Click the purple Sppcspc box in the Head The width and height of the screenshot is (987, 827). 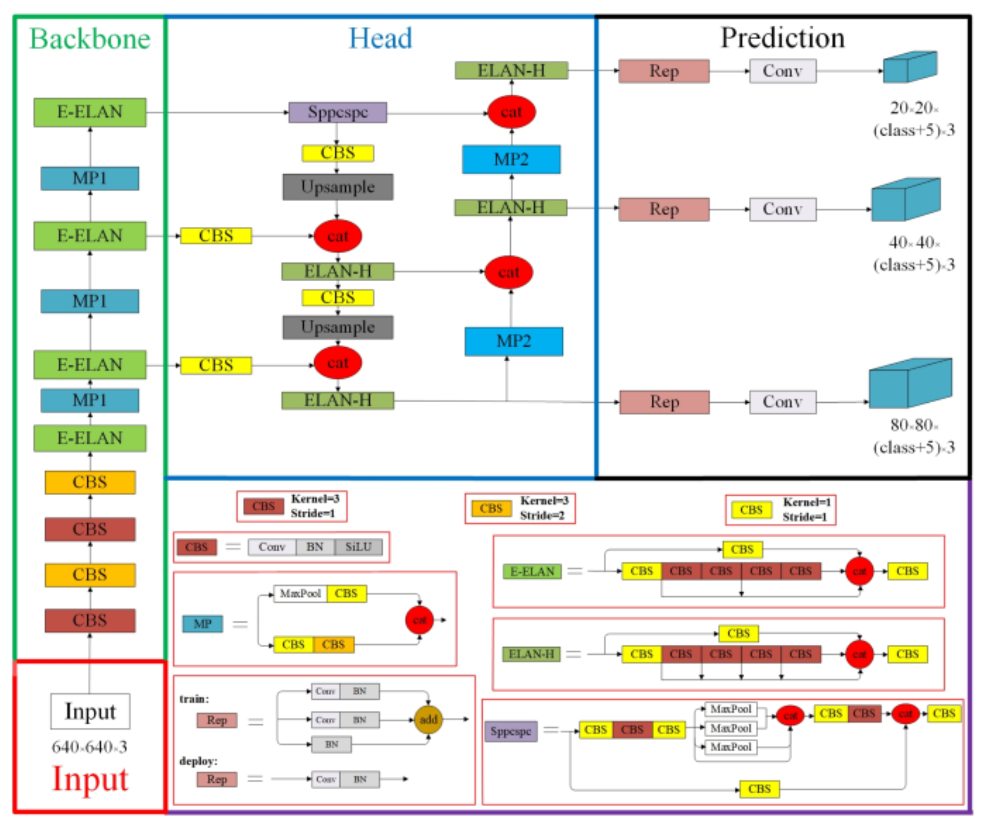337,112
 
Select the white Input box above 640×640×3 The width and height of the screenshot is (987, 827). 90,711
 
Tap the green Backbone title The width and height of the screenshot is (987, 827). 90,38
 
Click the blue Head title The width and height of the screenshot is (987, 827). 380,38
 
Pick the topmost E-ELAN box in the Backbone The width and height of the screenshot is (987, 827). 90,112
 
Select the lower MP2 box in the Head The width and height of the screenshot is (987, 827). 514,341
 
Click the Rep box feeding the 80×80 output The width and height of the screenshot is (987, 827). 664,402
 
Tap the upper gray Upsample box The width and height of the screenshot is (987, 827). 337,187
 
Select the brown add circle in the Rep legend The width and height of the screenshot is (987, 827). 428,719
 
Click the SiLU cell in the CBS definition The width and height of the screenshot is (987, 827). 358,547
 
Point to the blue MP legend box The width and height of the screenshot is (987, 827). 202,623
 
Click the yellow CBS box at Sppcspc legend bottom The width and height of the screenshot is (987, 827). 759,789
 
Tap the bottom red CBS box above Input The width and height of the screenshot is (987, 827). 90,620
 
